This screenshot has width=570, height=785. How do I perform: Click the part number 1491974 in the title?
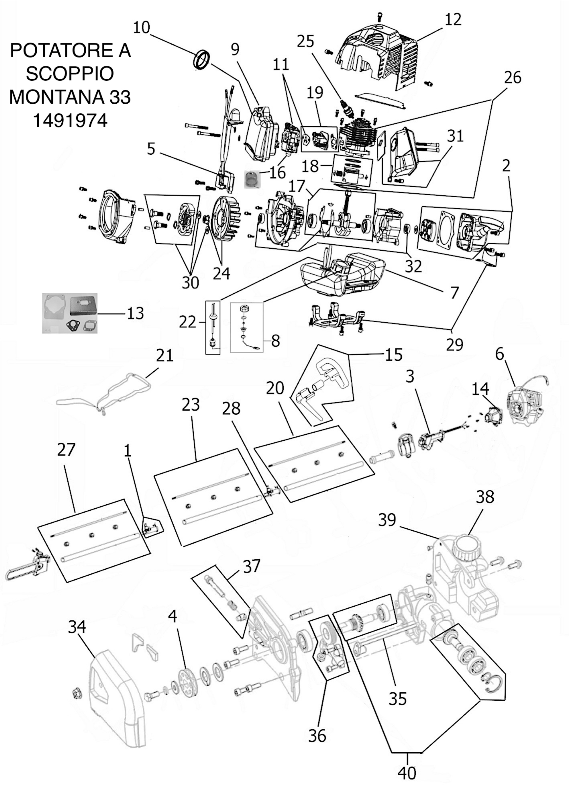[x=70, y=120]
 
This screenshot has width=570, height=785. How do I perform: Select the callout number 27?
[x=66, y=449]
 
